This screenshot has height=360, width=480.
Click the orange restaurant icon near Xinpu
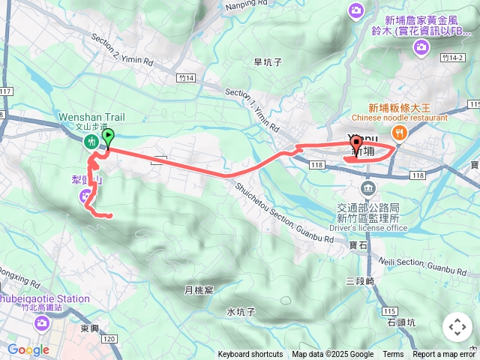point(400,133)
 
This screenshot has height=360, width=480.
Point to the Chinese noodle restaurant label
point(408,118)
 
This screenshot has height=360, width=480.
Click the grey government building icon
point(367,187)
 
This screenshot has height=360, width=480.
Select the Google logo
point(28,349)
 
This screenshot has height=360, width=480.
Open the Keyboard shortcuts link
point(250,355)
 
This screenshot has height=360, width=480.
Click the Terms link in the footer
point(393,355)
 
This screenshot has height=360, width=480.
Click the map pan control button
point(457,327)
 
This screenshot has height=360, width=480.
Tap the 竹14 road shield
point(187,77)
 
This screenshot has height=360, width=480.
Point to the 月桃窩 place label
point(199,289)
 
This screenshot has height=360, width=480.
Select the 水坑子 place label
point(241,311)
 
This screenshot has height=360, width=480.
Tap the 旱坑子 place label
point(268,62)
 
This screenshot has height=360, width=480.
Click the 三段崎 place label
point(360,280)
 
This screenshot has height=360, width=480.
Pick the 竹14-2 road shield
point(452,57)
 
